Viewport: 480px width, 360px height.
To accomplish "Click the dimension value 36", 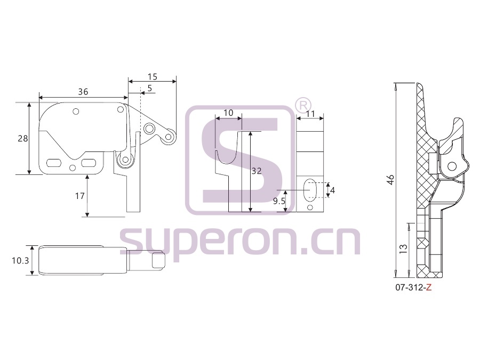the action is click(83, 92).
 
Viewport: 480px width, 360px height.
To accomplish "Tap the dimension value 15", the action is click(152, 76).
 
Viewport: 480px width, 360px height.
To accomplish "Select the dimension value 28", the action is click(22, 139).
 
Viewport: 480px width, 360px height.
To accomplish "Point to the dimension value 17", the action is click(80, 196).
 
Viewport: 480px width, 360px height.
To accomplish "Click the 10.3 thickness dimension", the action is click(20, 260).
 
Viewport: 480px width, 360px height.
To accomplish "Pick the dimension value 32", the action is click(257, 171).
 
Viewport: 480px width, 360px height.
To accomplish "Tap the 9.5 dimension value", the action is click(279, 201).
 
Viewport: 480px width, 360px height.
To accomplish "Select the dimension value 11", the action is click(310, 114).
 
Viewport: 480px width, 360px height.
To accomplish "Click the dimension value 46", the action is click(390, 180).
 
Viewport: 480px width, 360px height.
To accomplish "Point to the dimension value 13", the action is click(404, 248).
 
